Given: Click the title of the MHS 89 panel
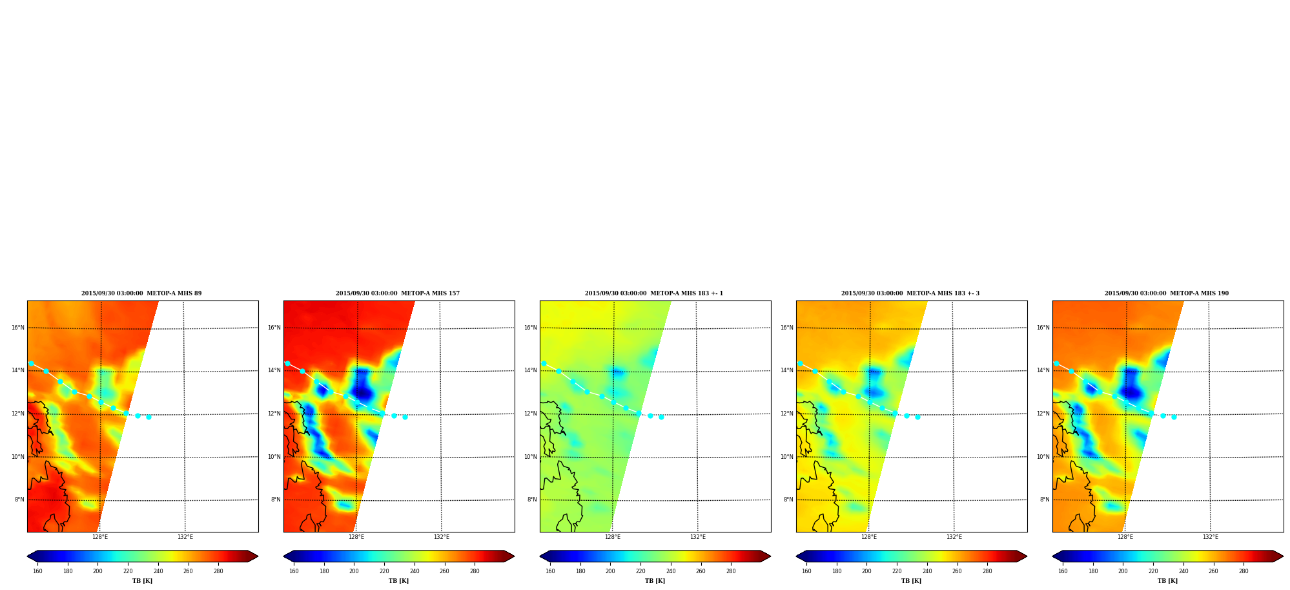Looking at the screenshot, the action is pos(141,293).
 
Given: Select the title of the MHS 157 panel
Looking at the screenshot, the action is pos(398,293).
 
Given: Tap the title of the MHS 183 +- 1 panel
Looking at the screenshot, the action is pos(654,293).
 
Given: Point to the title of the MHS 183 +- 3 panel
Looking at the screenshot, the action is pos(910,293).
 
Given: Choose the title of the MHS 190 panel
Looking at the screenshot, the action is pos(1167,293).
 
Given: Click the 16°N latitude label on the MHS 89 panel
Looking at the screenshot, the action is pos(17,328).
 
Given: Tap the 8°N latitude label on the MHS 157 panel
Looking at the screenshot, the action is pos(276,500).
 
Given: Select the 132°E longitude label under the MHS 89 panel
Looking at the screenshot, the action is pos(185,537).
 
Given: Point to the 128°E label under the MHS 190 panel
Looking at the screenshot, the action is pos(1125,537).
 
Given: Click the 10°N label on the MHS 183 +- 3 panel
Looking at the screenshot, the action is pos(786,457).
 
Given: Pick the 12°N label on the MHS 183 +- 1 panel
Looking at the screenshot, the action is pos(530,414).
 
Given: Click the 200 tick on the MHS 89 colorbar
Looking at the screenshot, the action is pos(97,571).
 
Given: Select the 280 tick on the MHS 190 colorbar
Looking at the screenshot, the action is pos(1244,571).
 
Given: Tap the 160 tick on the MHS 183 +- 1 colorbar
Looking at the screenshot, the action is pos(550,571).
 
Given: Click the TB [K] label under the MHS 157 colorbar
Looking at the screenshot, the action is pos(398,581).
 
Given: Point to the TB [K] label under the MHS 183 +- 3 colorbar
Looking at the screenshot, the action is pos(911,581).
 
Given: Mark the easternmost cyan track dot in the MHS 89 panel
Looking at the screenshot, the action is pos(148,417).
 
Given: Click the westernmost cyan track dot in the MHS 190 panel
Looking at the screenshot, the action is pos(1056,363).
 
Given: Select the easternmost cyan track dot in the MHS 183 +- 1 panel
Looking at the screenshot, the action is pos(661,417).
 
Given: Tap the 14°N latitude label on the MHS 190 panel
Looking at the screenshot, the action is pos(1043,370).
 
